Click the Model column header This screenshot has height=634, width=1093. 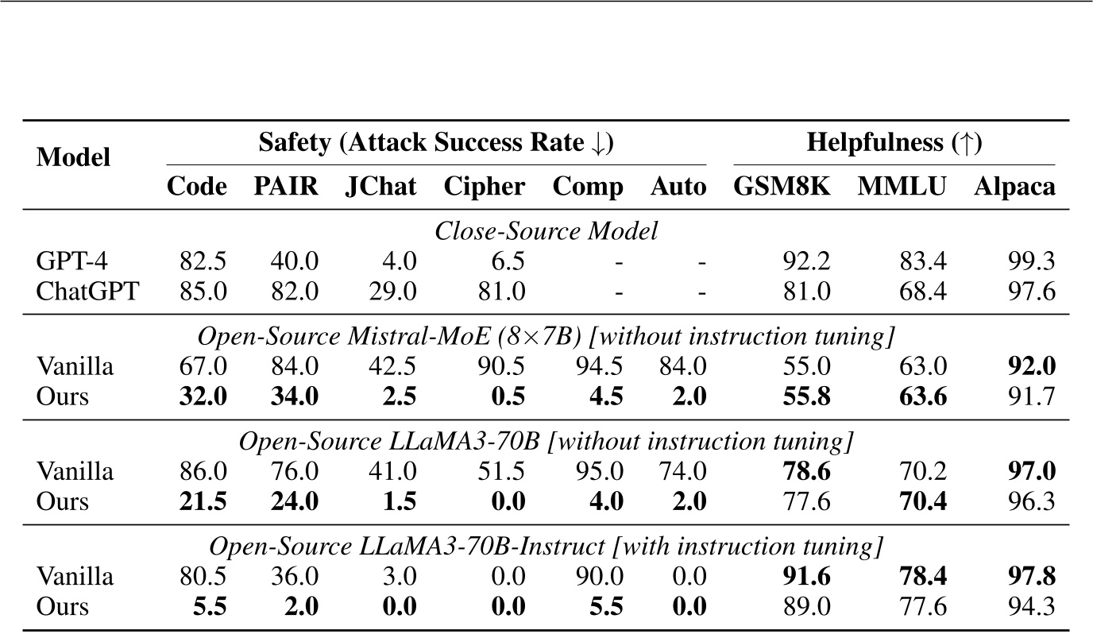(74, 157)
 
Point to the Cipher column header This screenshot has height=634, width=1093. (484, 187)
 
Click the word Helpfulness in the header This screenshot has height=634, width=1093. (863, 143)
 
